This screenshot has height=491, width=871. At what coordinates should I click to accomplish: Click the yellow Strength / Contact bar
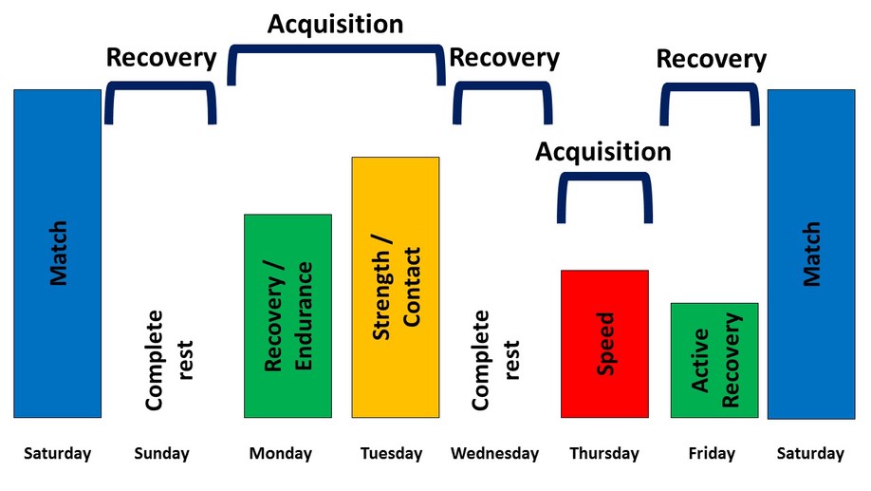point(396,287)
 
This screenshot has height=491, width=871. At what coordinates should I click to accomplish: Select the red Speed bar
point(604,344)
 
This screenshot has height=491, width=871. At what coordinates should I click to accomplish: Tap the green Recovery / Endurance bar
point(287,316)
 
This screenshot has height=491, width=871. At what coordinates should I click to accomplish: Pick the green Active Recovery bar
point(714,360)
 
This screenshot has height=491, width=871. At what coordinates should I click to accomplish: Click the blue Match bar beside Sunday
point(58,254)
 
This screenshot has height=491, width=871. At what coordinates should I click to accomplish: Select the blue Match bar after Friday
point(811,255)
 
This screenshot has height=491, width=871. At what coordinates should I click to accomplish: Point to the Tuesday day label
point(391,454)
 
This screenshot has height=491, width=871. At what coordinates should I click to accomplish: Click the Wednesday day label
point(494,454)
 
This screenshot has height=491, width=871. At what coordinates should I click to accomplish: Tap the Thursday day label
point(604,454)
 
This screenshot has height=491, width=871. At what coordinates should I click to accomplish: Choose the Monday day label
point(281,454)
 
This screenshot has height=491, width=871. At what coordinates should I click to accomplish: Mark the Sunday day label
point(161,454)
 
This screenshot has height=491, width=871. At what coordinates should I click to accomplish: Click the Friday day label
point(712,454)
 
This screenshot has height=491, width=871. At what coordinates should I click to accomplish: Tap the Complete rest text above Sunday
point(168,360)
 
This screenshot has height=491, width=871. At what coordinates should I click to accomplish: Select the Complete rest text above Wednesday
point(495,360)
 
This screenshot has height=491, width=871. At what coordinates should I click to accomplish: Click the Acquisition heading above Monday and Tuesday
point(336,25)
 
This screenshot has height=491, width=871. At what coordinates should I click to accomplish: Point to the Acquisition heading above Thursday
point(603,152)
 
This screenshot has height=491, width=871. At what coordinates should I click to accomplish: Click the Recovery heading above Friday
point(712,60)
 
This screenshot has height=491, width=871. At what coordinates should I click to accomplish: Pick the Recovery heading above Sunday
point(161,58)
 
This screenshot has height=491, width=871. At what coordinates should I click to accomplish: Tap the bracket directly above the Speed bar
point(604,177)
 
